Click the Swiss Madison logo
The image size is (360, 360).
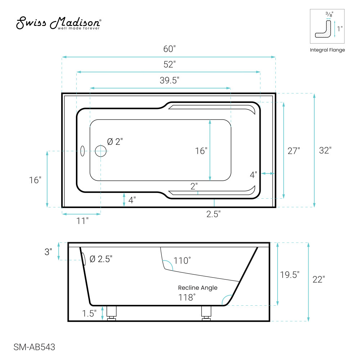[59, 23]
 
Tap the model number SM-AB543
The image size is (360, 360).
[35, 347]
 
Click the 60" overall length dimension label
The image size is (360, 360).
[170, 49]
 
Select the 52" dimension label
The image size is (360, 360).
[170, 64]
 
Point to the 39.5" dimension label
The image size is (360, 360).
[170, 80]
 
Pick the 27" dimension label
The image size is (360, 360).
[294, 151]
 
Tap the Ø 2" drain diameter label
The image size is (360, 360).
[115, 141]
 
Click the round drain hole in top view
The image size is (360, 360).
[100, 151]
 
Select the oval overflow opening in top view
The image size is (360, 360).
[82, 151]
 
